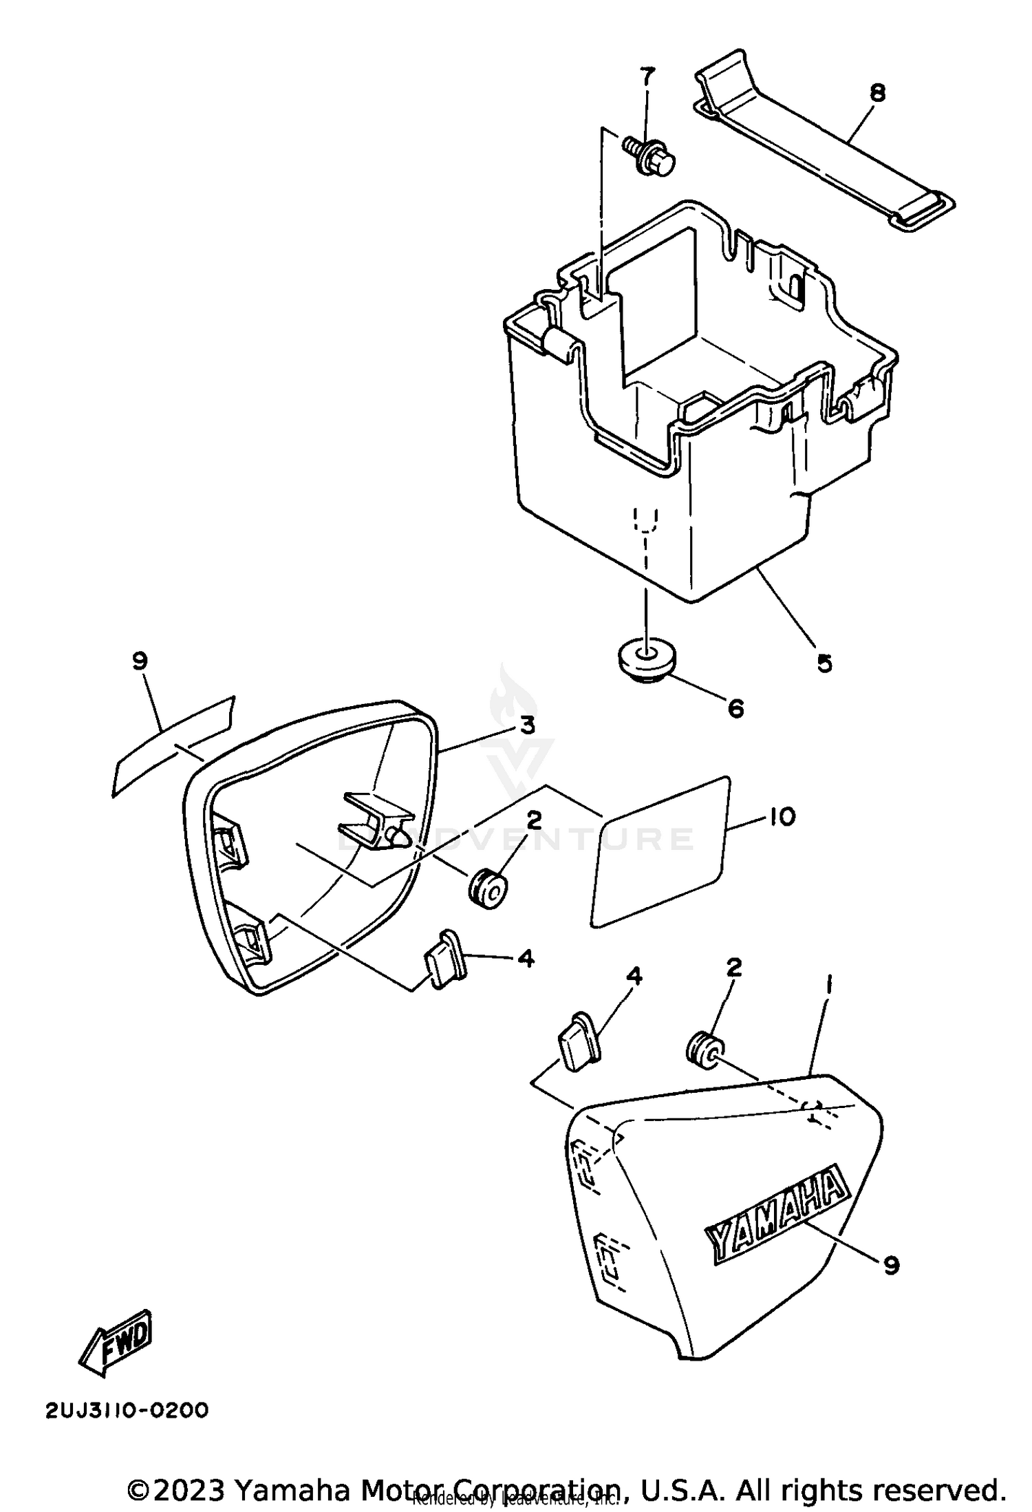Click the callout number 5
824,663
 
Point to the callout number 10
780,817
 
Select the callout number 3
527,726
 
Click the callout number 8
877,93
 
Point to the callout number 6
735,707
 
